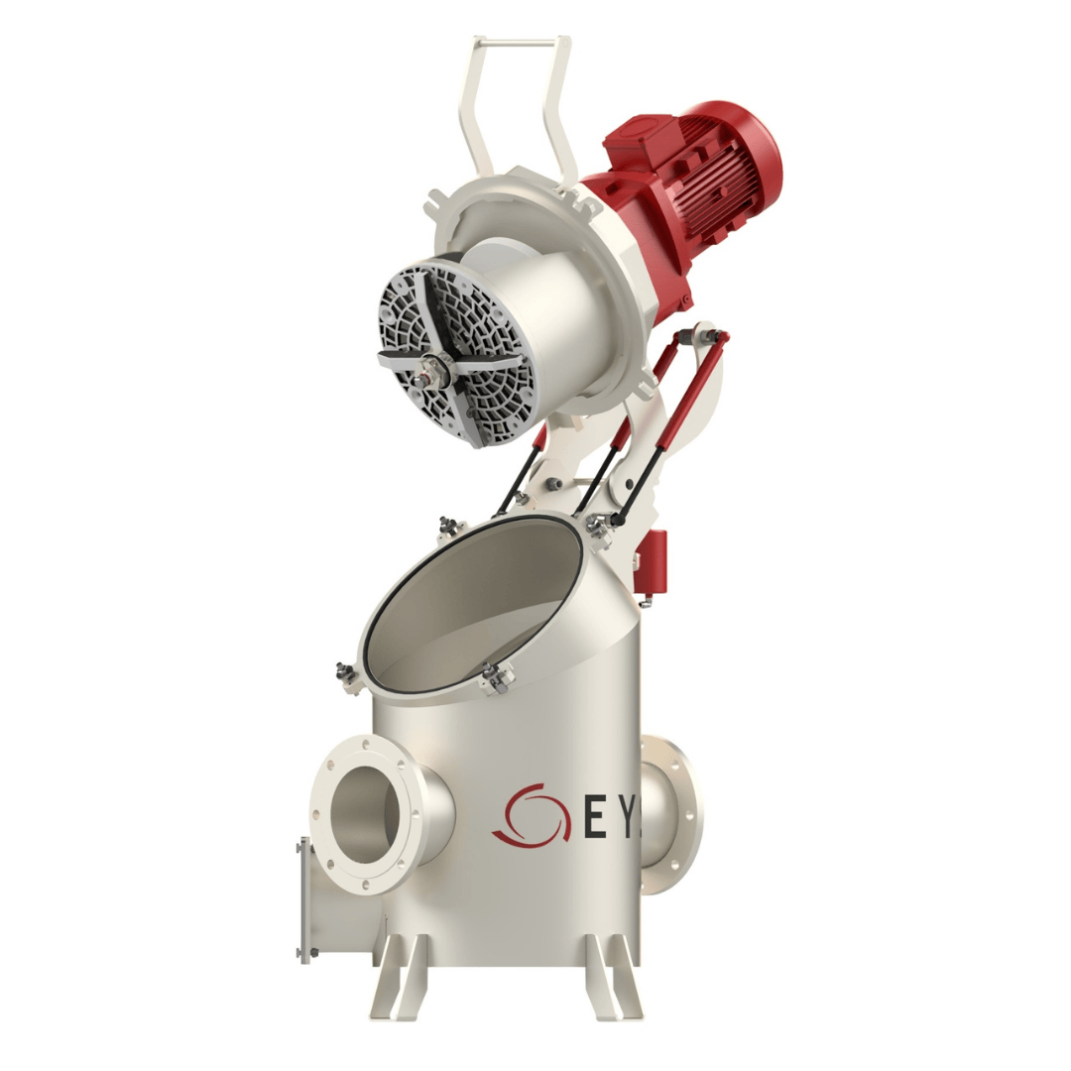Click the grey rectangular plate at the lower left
(304, 900)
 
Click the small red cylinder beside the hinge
(654, 555)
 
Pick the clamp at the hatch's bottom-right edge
(495, 678)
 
